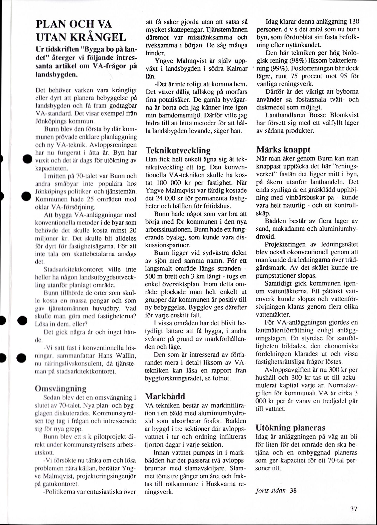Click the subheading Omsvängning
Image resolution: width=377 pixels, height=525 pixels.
click(x=60, y=389)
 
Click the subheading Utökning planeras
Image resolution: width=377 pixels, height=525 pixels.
click(x=290, y=427)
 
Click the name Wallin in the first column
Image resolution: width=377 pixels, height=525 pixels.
click(x=125, y=356)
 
